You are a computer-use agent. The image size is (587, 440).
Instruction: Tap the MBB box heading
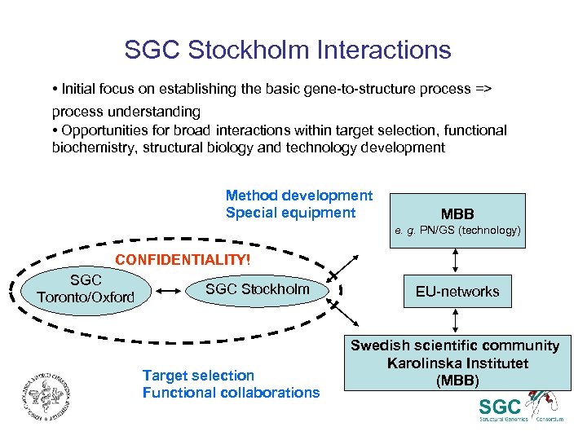coord(457,213)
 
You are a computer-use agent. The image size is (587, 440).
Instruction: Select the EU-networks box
coord(457,291)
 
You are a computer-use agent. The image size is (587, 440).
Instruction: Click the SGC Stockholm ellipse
coord(258,289)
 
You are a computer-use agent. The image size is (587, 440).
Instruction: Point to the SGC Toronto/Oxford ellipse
coord(85,289)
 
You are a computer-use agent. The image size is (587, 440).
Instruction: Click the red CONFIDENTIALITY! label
coord(183,260)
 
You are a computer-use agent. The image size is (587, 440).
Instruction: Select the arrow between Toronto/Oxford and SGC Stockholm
coord(171,290)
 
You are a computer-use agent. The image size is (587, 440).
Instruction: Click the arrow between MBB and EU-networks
coord(457,259)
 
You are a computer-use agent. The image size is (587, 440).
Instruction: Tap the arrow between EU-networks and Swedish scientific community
coord(457,323)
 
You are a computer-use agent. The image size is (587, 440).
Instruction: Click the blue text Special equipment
coord(290,213)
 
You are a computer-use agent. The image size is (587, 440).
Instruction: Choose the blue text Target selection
coord(198,375)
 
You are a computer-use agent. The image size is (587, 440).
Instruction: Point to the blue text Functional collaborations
coord(231,392)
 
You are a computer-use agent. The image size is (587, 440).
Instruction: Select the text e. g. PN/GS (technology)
coord(457,231)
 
